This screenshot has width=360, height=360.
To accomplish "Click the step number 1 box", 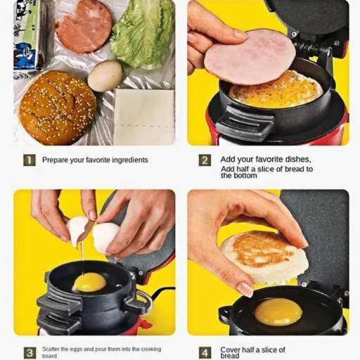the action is point(30,160).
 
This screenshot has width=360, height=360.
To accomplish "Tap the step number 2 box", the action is point(205,160).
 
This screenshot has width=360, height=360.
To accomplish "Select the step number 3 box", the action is point(30,353).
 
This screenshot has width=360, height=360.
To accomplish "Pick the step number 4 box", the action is point(205,353).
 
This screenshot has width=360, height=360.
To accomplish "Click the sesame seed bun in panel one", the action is point(58,108).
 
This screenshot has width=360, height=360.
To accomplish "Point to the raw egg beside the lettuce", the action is point(105,75).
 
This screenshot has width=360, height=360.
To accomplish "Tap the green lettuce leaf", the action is point(143,35).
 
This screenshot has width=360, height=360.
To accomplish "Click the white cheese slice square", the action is point(144,117).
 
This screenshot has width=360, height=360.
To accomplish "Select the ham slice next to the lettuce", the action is point(84,26).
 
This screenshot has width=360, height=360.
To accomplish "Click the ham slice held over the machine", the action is point(250,56).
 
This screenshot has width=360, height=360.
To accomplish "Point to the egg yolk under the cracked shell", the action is point(90,282).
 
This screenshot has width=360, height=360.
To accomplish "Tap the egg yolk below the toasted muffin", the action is point(278,311).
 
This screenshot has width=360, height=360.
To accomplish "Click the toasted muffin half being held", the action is point(264,257).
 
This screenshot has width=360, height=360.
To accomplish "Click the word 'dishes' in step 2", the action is point(298,160).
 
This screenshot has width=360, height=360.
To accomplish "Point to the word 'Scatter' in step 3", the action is point(51,349).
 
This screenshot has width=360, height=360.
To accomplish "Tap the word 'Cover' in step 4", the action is point(230,349).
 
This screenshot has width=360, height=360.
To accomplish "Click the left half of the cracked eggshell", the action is point(77,231).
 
